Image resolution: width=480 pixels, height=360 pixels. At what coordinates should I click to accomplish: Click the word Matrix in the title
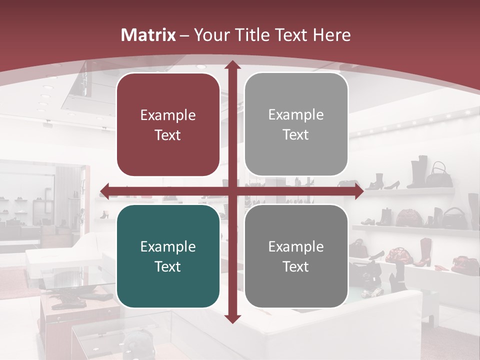[148, 35]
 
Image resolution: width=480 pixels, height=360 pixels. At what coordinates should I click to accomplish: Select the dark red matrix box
[168, 124]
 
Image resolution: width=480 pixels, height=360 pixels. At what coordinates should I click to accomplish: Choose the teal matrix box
[168, 256]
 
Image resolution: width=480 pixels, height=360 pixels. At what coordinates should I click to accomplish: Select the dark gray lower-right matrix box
[296, 256]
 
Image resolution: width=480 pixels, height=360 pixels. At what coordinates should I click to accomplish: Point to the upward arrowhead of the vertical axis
[232, 65]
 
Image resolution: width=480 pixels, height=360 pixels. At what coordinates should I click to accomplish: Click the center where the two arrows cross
[232, 191]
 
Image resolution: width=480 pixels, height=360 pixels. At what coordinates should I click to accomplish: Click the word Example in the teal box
[168, 246]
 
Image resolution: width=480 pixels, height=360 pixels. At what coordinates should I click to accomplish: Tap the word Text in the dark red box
[168, 135]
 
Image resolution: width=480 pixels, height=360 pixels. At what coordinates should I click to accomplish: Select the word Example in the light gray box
[296, 114]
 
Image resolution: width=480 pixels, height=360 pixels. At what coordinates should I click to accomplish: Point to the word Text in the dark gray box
[296, 266]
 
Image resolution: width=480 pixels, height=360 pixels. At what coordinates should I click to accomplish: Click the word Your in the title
[212, 35]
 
